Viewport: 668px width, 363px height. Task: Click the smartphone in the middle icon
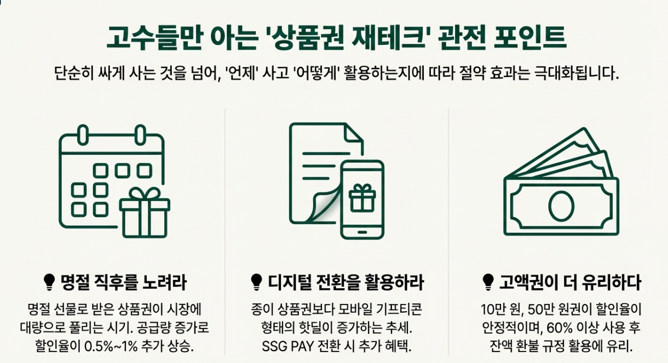click(x=362, y=199)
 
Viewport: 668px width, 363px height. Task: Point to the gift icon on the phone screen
click(x=361, y=197)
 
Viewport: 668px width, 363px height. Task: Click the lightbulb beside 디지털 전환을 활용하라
click(x=255, y=282)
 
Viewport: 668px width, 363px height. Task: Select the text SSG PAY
click(x=283, y=347)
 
